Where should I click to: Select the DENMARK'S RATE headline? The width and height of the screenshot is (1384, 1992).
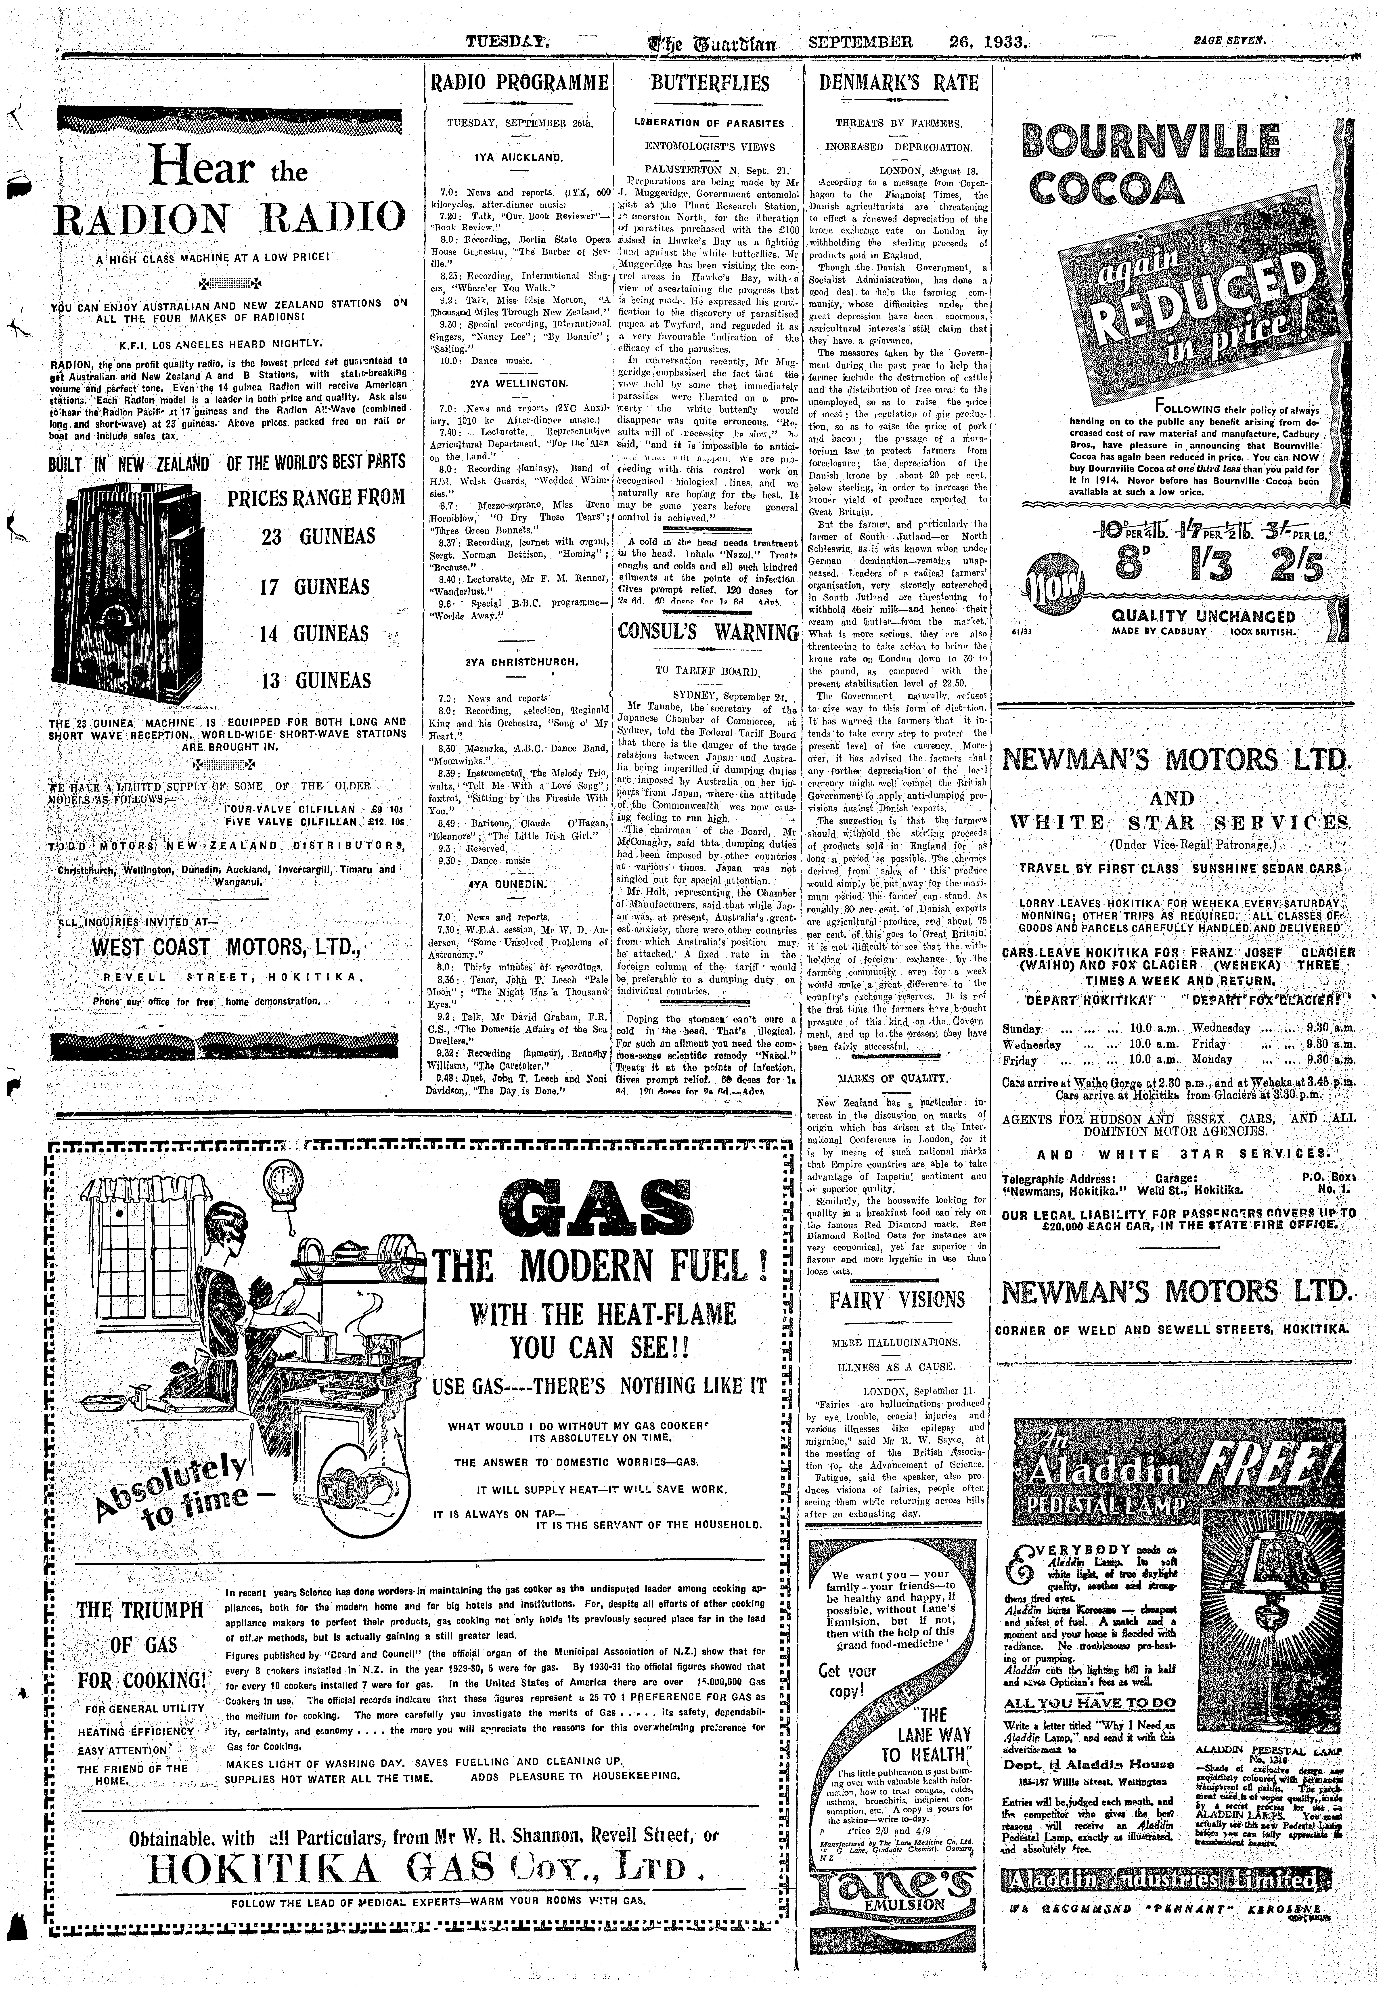[x=898, y=84]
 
